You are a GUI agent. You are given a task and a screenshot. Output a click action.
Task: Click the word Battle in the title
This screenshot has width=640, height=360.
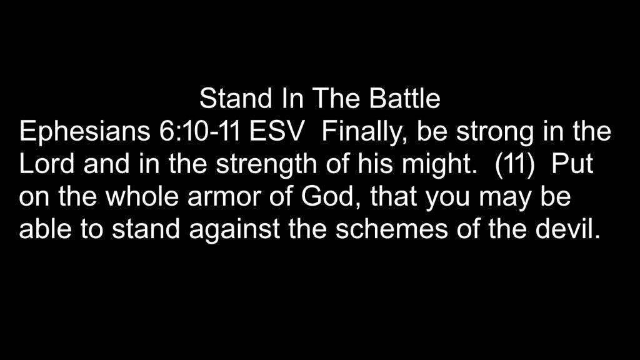coord(404,98)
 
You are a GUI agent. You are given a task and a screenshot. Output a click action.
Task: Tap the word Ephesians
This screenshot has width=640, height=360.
coord(84,132)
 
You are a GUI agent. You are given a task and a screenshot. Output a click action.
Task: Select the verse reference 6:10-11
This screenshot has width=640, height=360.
coord(199,131)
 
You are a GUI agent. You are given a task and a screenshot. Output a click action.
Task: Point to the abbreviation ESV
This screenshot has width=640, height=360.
coord(277,131)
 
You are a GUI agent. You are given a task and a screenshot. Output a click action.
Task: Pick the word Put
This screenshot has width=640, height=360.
coord(572,164)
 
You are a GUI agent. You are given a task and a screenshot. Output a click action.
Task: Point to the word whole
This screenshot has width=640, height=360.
coord(142,196)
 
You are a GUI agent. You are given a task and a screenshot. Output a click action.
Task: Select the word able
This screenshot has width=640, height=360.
coord(45,229)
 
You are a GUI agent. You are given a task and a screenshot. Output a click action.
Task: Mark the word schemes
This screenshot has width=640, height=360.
coord(392,229)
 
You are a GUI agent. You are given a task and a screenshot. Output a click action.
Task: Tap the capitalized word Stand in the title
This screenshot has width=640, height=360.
coord(236,98)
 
